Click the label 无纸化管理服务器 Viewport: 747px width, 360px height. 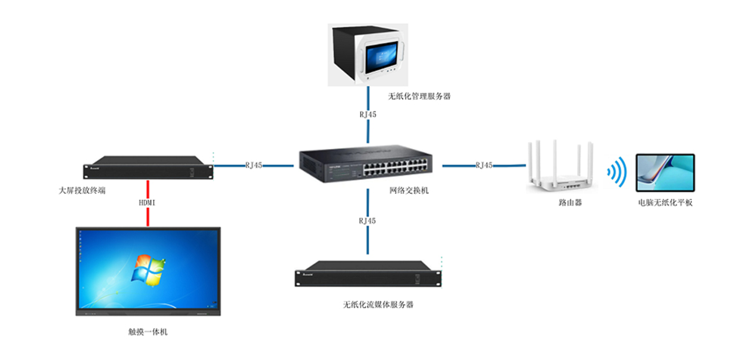(x=419, y=97)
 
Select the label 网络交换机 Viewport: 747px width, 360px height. (x=409, y=191)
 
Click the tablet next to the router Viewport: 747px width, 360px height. (x=665, y=173)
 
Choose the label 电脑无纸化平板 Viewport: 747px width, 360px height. (x=665, y=202)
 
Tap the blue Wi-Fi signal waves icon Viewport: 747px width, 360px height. (x=616, y=173)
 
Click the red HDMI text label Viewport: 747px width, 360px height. (x=148, y=203)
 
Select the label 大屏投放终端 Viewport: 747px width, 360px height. (x=82, y=190)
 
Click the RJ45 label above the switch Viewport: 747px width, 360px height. (x=368, y=115)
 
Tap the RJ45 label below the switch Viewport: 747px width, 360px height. (x=368, y=220)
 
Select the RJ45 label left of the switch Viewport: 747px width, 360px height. (x=254, y=166)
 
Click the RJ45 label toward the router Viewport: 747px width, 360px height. (x=484, y=166)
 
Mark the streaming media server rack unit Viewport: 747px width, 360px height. (x=368, y=276)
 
